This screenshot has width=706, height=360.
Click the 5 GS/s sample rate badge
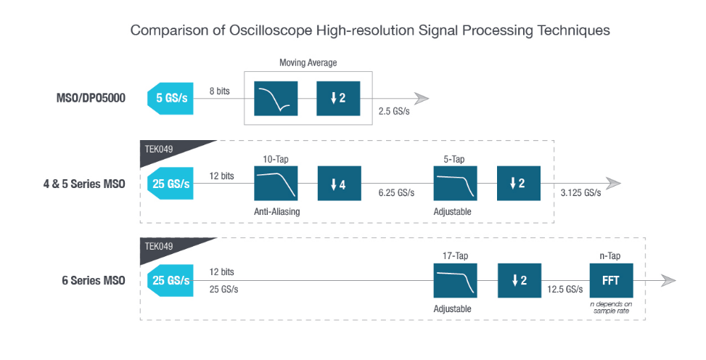[x=171, y=99]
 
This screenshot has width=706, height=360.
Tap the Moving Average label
[x=308, y=63]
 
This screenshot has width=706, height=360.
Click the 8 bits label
[x=221, y=91]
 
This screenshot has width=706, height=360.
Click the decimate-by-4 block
[x=338, y=184]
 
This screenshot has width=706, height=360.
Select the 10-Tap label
[x=276, y=157]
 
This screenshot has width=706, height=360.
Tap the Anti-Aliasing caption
[x=276, y=211]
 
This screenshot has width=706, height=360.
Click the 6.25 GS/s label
[x=396, y=193]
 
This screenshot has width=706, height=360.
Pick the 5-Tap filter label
[x=455, y=157]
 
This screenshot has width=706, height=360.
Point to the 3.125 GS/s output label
[x=580, y=193]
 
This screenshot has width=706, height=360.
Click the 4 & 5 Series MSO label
[x=84, y=184]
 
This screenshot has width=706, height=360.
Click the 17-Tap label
[x=455, y=255]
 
